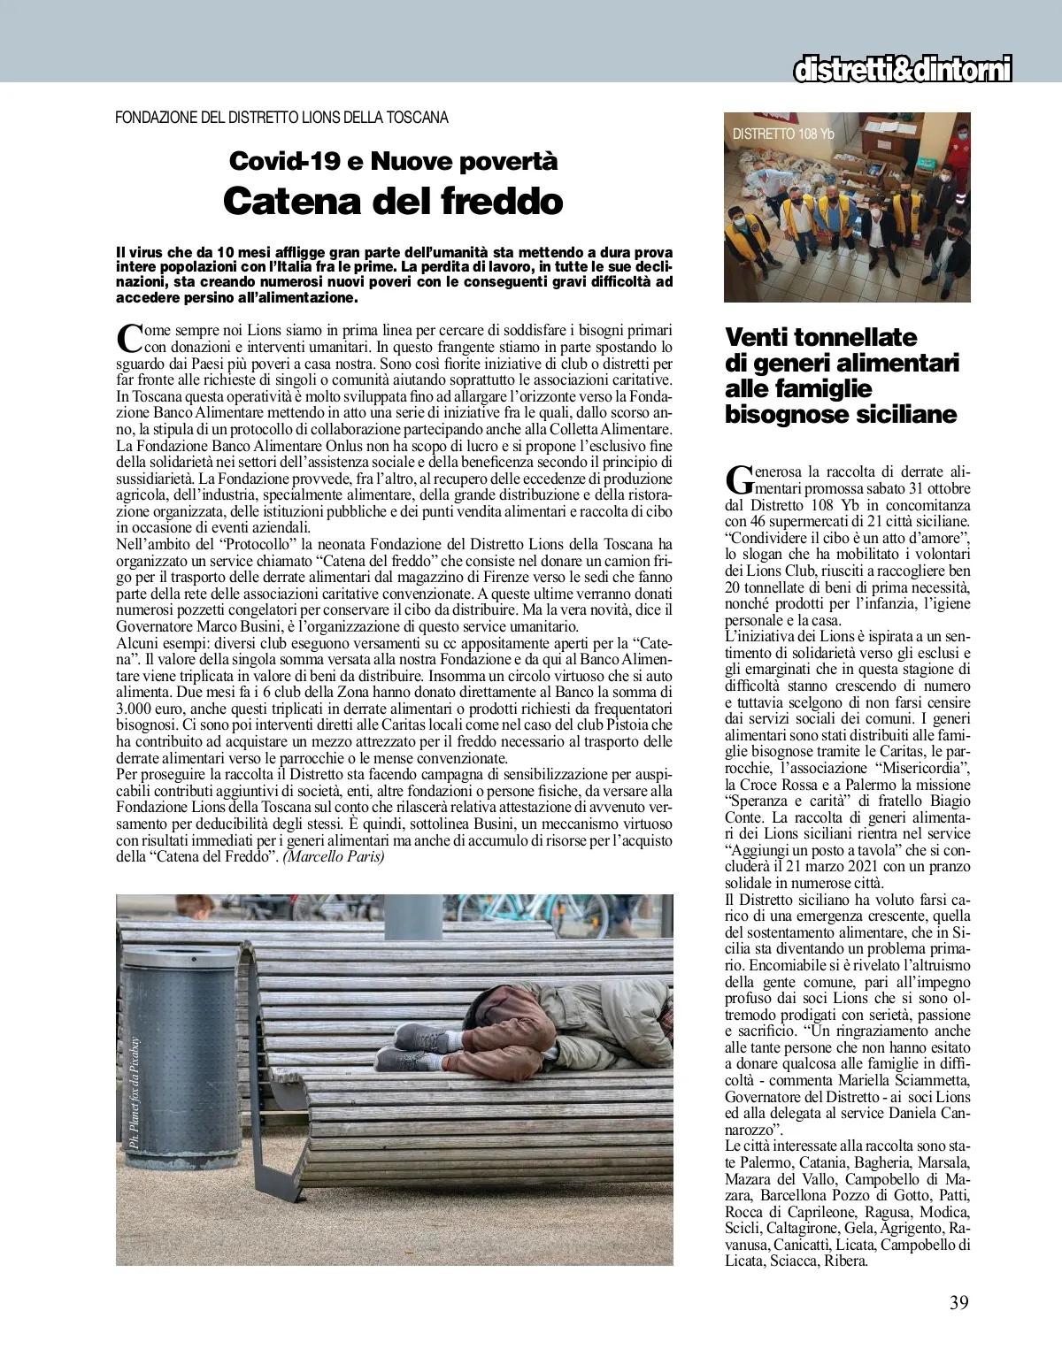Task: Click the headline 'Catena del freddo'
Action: [x=393, y=201]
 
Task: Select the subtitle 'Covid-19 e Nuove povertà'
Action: [x=393, y=161]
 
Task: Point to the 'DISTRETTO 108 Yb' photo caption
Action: [x=783, y=134]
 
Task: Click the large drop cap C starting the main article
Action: [x=129, y=338]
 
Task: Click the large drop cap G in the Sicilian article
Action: [x=736, y=479]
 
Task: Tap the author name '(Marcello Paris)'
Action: [x=334, y=857]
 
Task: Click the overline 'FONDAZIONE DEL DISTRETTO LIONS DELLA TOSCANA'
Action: [x=281, y=118]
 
